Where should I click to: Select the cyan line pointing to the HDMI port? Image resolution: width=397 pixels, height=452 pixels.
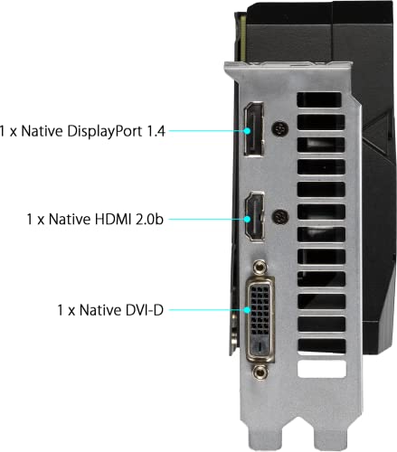[x=204, y=219]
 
